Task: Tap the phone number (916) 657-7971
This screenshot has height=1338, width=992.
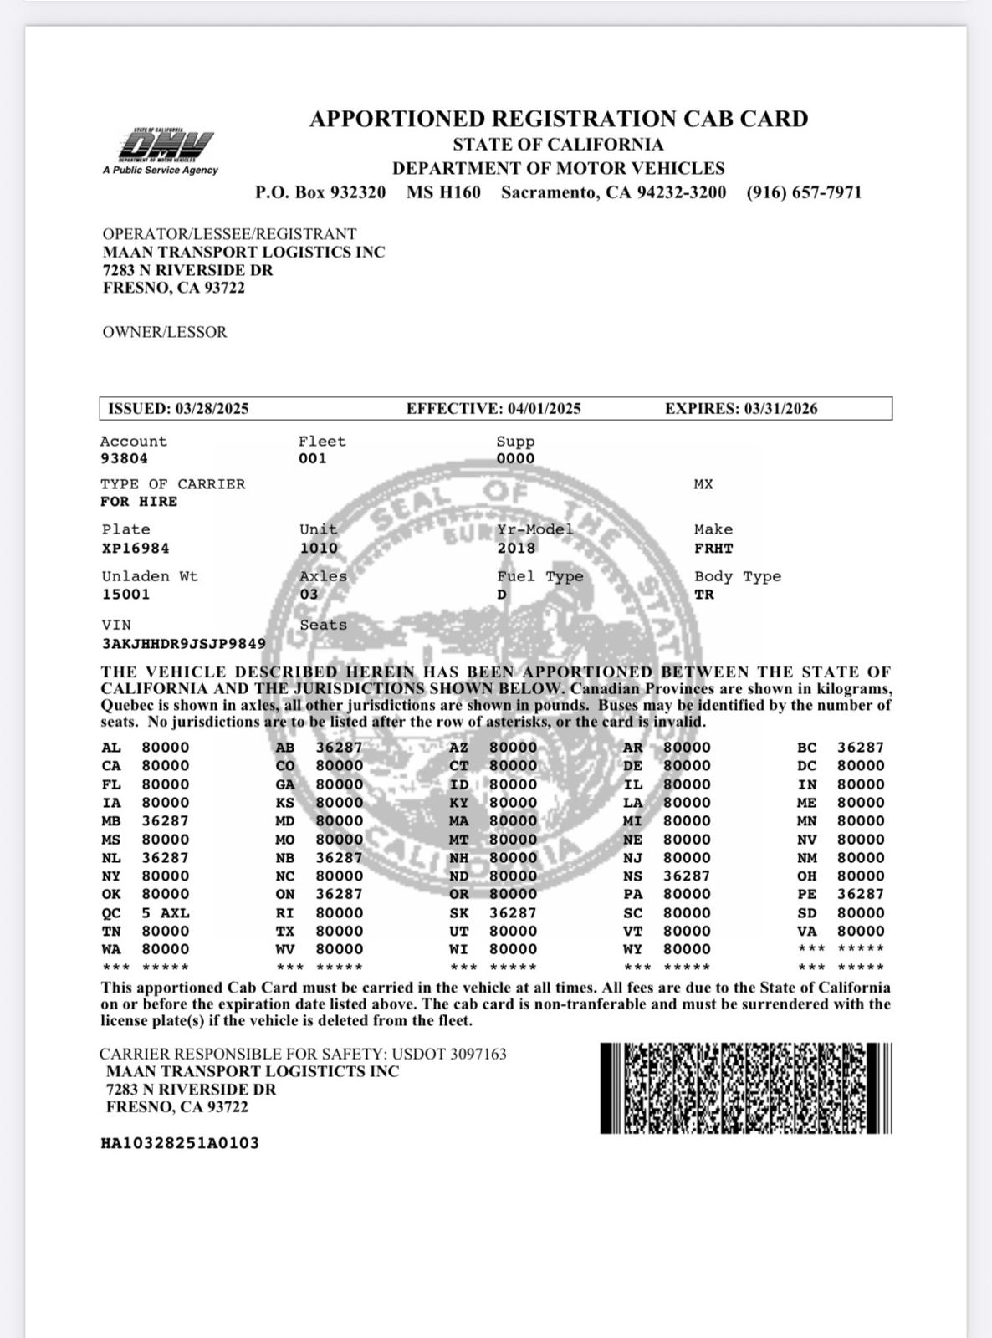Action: pos(804,192)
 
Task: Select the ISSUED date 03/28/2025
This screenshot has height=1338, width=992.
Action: pos(212,409)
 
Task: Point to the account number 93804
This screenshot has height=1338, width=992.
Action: pos(124,458)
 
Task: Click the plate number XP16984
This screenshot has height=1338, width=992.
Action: pos(136,549)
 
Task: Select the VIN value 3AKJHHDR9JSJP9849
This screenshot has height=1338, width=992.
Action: pos(184,644)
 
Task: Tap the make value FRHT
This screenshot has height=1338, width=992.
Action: pos(713,549)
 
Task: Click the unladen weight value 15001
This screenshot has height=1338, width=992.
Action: pos(125,595)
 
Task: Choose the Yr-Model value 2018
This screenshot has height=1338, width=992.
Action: pos(515,549)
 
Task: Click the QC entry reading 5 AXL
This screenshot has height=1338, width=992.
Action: pos(165,913)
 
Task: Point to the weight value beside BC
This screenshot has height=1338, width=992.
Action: pos(860,748)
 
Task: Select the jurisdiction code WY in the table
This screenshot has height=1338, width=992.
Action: pos(632,949)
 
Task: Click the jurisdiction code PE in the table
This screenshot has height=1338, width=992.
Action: pos(806,894)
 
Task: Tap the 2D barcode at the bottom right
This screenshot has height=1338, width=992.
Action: pos(746,1088)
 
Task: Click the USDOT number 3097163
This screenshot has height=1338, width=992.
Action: pos(478,1055)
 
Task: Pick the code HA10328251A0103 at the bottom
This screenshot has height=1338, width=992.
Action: pos(180,1143)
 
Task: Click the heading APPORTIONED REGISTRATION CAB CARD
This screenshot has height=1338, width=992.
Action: pos(559,119)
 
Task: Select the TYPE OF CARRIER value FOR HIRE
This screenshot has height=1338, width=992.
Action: pos(139,502)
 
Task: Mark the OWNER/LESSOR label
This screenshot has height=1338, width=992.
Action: pos(165,332)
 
